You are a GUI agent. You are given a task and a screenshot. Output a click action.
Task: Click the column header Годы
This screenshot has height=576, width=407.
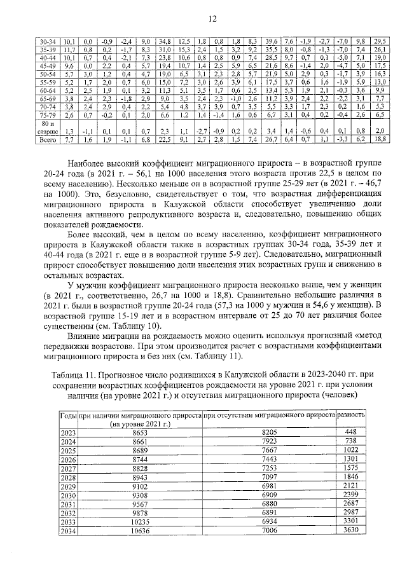click(68, 415)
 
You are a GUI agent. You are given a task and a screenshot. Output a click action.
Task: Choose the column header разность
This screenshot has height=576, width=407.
click(351, 415)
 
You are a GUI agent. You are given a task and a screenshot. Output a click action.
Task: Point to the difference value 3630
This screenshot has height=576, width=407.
click(351, 530)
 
